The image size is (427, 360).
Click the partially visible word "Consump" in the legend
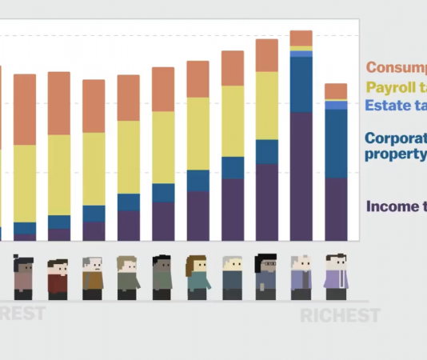396,69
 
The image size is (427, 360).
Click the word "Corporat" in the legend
396,138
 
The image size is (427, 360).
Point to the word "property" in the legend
396,154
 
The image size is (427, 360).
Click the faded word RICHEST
340,316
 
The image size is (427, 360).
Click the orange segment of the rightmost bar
336,90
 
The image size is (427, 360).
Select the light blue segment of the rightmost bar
336,105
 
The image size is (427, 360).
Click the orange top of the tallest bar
301,38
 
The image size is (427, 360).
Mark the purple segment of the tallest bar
301,176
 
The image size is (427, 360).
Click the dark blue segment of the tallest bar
301,84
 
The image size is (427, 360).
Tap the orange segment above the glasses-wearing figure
266,55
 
